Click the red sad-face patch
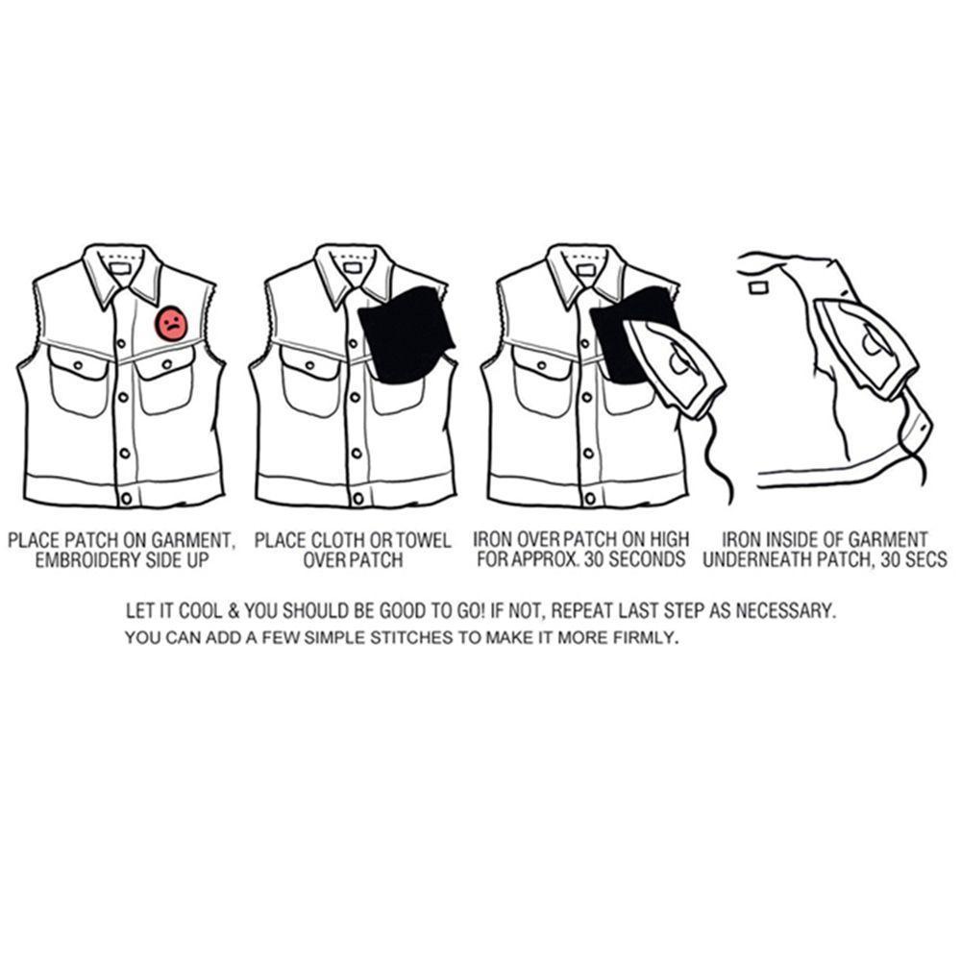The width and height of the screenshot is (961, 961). (x=172, y=324)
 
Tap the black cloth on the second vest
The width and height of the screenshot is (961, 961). (x=406, y=335)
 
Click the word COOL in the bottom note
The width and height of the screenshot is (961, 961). (x=200, y=611)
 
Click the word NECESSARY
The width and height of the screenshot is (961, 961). (x=785, y=611)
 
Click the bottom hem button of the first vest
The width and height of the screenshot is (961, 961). (x=126, y=498)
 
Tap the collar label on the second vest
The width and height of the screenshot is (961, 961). (x=352, y=268)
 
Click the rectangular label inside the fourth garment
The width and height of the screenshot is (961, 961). (x=758, y=287)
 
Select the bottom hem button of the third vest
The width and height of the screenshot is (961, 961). (x=590, y=498)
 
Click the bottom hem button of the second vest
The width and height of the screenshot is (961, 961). (x=357, y=498)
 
